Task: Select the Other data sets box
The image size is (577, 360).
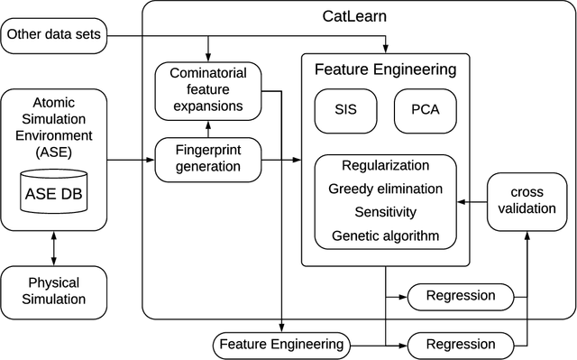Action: tap(55, 37)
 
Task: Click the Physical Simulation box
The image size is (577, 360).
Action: tap(54, 291)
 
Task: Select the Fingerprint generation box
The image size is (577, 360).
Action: tap(207, 160)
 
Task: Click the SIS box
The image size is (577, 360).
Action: tap(343, 111)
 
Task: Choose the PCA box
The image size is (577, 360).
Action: tap(425, 111)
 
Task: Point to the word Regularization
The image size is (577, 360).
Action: tap(385, 166)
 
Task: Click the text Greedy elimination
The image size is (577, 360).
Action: tap(385, 189)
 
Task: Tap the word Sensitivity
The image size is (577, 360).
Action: tap(385, 213)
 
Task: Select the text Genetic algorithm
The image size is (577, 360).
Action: tap(385, 236)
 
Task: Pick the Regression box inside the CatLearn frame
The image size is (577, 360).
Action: tap(460, 296)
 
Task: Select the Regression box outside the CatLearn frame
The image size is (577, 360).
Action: tap(460, 344)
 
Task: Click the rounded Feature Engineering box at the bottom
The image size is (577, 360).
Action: tap(281, 344)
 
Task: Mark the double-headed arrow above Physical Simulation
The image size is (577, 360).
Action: tap(54, 246)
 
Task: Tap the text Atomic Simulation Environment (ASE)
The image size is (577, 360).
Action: tap(54, 127)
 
